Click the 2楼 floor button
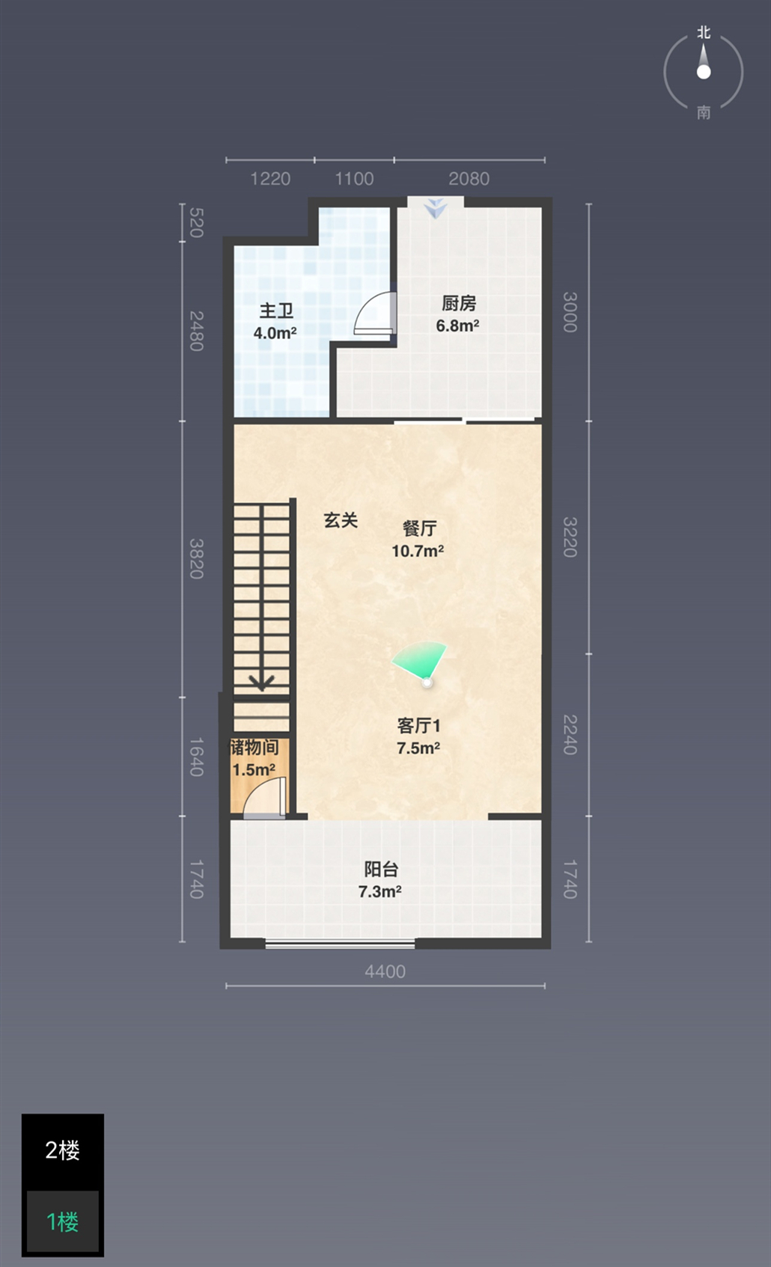(63, 1150)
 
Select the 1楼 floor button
(63, 1222)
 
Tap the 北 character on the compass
(704, 33)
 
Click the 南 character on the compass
(704, 112)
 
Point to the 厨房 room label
(459, 303)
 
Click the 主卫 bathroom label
(276, 310)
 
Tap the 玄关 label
(341, 520)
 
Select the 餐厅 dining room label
(419, 528)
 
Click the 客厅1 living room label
(418, 725)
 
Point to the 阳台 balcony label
(381, 869)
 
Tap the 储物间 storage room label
(254, 747)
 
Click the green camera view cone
(421, 659)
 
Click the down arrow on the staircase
(261, 682)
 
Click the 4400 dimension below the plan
(385, 971)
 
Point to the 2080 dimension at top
(469, 179)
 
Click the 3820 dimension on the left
(195, 559)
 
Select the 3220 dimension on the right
(570, 537)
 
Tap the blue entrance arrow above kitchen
(436, 208)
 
